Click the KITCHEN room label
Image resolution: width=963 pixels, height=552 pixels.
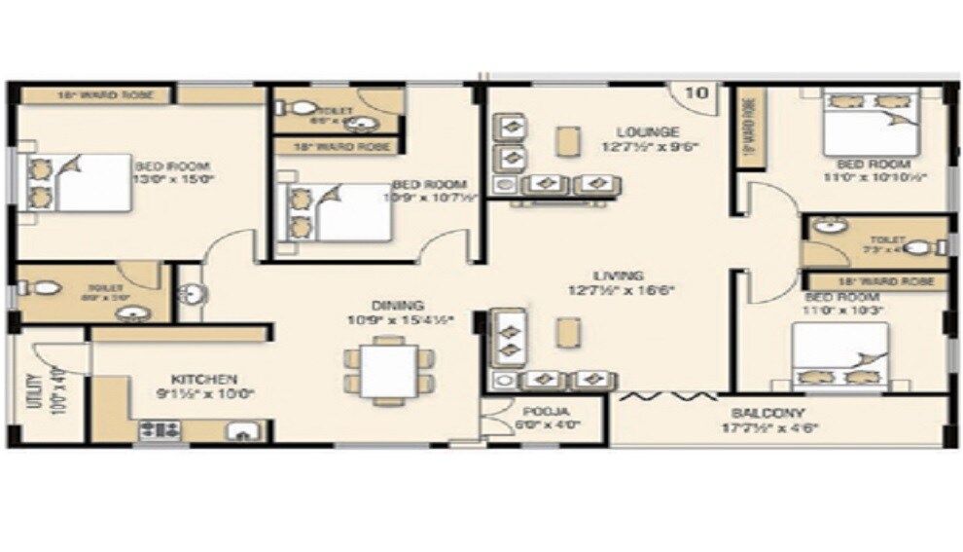coord(204,378)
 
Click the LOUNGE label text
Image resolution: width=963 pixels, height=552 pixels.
coord(647,131)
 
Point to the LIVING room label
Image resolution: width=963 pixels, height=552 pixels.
coord(620,276)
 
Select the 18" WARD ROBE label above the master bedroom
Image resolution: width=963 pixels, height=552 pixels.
coord(95,95)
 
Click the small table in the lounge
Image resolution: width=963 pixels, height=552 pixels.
coord(565,141)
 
